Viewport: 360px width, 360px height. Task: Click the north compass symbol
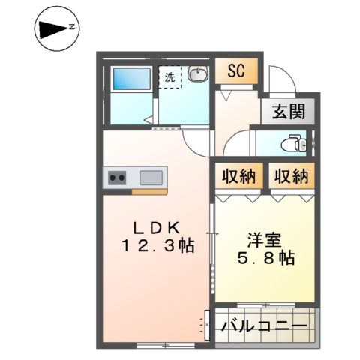(55, 29)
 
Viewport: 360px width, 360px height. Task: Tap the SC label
(237, 72)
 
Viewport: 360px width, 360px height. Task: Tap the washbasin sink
(198, 75)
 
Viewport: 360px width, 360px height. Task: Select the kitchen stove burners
(118, 178)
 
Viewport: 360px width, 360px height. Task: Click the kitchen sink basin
(151, 178)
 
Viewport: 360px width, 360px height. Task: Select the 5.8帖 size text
(263, 258)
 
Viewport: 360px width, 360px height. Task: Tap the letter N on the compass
(72, 28)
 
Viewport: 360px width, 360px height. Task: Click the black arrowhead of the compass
(51, 29)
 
